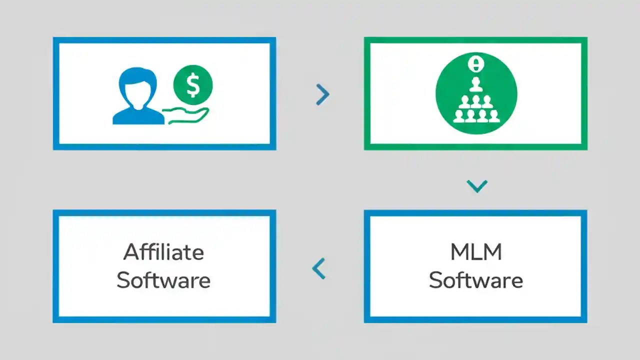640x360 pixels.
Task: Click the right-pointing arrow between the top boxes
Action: pyautogui.click(x=323, y=94)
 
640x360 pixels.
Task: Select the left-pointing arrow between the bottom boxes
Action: pyautogui.click(x=318, y=268)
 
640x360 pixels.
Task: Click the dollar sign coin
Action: pyautogui.click(x=193, y=85)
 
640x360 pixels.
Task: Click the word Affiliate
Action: pyautogui.click(x=163, y=252)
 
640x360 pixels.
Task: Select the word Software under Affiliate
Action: pyautogui.click(x=163, y=280)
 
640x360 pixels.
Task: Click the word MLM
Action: pyautogui.click(x=476, y=252)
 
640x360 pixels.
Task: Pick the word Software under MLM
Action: pyautogui.click(x=476, y=280)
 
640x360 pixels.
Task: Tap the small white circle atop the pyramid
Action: pyautogui.click(x=475, y=63)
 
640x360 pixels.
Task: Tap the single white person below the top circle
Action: pyautogui.click(x=475, y=83)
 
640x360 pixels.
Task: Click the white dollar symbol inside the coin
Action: pyautogui.click(x=193, y=85)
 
